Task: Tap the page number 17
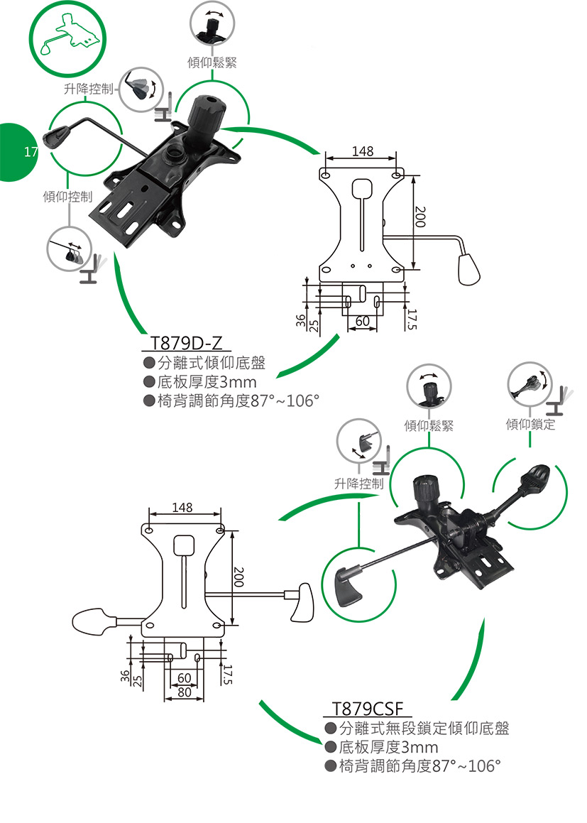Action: pos(30,151)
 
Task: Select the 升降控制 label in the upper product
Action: pos(88,89)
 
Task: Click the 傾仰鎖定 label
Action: pos(530,425)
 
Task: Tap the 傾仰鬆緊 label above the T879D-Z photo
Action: pos(212,63)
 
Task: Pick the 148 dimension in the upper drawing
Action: pos(362,151)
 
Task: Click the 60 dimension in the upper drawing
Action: pos(362,321)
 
